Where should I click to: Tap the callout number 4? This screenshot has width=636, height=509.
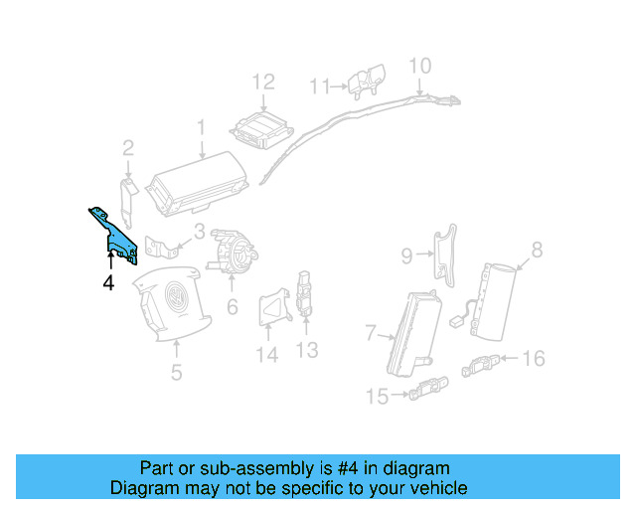pos(108,283)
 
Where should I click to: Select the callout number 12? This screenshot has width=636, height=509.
pos(262,83)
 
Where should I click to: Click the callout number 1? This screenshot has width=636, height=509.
pos(200,128)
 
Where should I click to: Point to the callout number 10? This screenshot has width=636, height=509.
pos(420,66)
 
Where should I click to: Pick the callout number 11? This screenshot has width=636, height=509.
pos(318,86)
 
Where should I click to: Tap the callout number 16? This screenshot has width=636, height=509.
pos(534,357)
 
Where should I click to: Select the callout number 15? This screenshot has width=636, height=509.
pos(377,398)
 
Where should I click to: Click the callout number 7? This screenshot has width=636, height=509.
pos(371,331)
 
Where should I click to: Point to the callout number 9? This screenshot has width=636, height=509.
pos(406,255)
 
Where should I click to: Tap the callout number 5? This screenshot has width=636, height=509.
pos(176,374)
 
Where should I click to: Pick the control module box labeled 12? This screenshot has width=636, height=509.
pos(261,128)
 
